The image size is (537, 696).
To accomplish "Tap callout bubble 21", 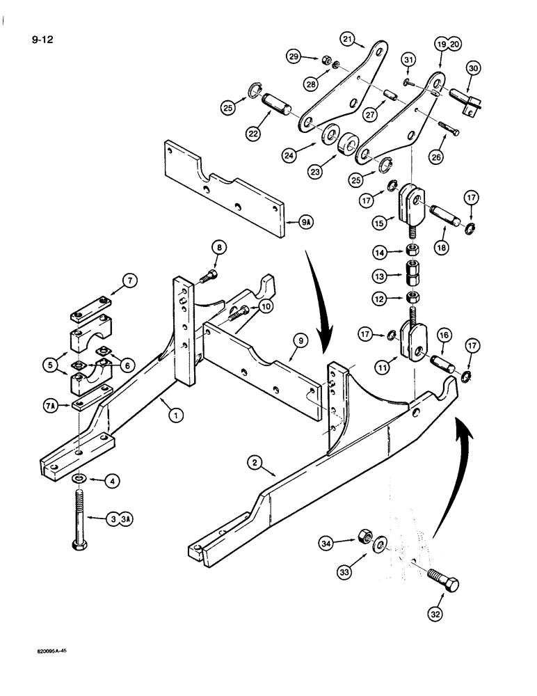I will click(348, 39).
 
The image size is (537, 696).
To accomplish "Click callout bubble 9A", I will click(306, 224).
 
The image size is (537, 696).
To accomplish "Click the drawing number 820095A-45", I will click(47, 654).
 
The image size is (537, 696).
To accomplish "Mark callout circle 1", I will click(175, 416).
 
